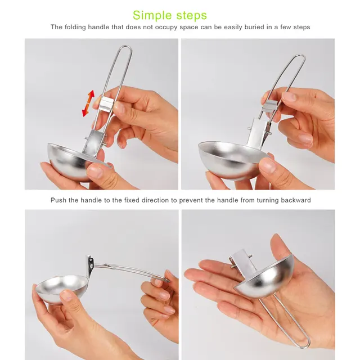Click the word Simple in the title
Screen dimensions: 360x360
(152, 15)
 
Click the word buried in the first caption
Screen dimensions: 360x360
(239, 27)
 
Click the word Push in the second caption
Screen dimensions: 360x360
(59, 200)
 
